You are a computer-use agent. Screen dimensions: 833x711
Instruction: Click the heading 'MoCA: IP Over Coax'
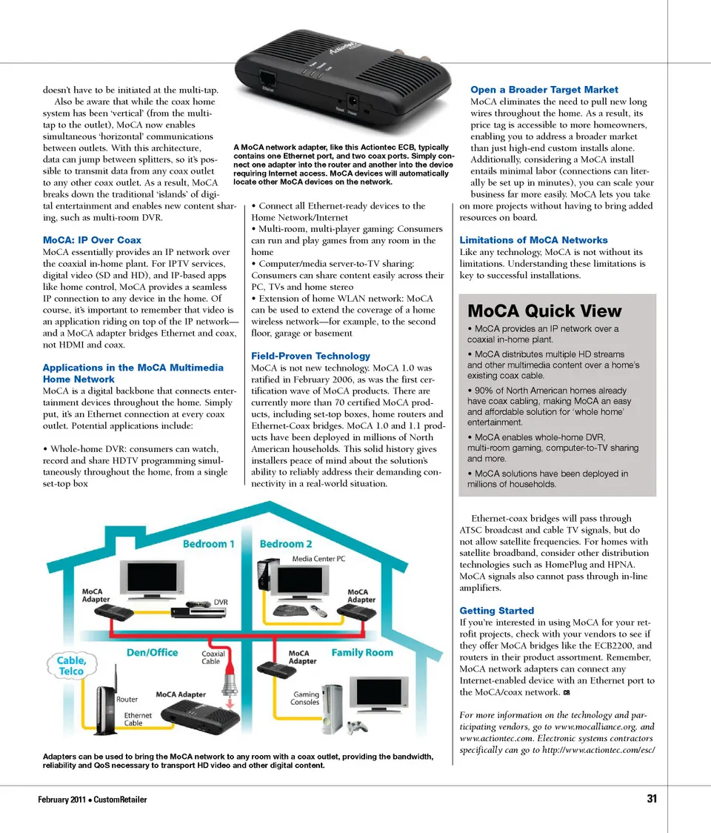click(x=92, y=240)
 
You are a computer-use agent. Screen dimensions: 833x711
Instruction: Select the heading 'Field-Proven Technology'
click(x=311, y=356)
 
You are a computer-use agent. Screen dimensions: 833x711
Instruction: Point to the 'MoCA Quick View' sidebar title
click(x=544, y=311)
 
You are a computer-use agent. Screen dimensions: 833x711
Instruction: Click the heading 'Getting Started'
click(x=496, y=611)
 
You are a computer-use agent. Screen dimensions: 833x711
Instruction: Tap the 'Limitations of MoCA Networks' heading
click(x=533, y=240)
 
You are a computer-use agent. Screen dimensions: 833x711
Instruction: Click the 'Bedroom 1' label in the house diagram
click(x=209, y=544)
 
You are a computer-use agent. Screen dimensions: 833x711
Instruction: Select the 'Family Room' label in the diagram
click(x=362, y=652)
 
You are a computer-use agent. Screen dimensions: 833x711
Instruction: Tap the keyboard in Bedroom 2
click(x=287, y=610)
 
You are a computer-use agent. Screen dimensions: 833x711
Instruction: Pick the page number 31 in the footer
click(x=652, y=799)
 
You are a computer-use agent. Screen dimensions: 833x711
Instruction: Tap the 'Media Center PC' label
click(x=318, y=558)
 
